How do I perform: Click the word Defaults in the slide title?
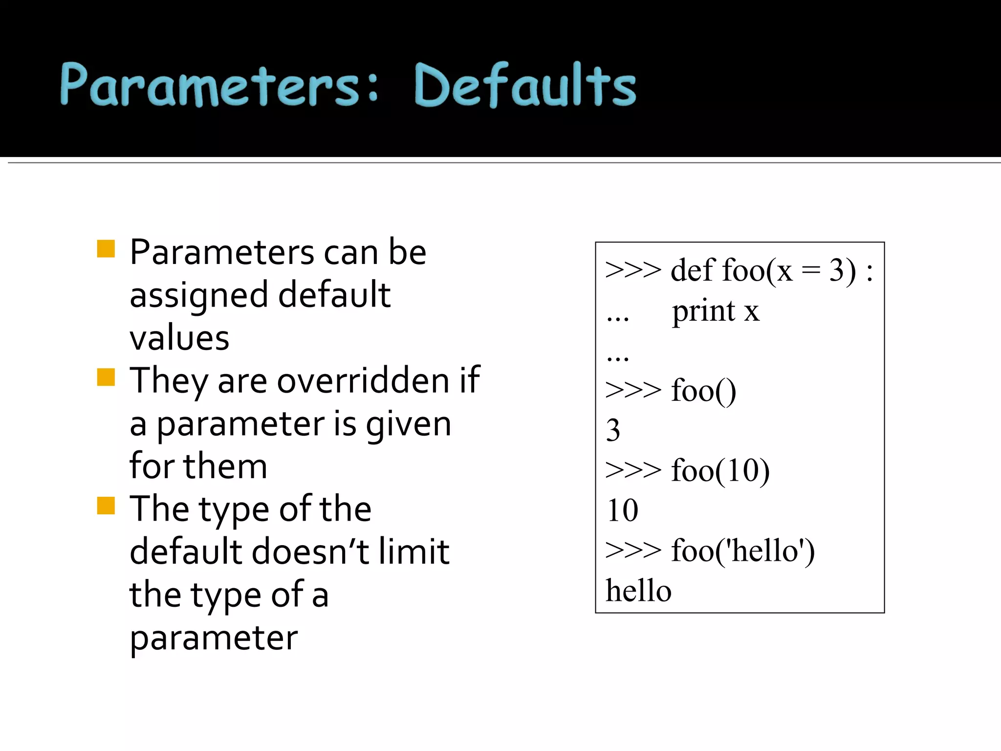(525, 86)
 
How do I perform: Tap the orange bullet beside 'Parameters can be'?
(106, 249)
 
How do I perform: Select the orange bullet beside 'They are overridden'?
(106, 377)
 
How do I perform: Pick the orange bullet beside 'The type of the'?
(106, 506)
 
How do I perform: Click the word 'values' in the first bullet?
(179, 338)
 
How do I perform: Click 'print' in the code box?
(703, 311)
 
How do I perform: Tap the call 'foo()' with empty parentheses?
(703, 391)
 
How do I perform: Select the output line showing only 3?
(613, 431)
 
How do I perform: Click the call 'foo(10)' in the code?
(720, 471)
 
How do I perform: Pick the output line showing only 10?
(622, 510)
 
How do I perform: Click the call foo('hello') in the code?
(743, 551)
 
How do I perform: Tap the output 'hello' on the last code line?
(638, 591)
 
